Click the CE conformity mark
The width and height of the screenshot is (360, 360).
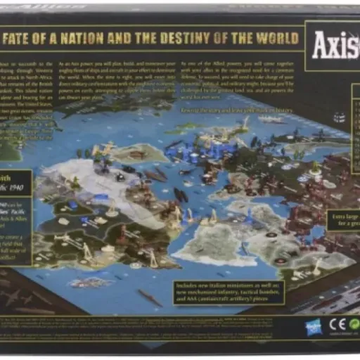[x=336, y=325]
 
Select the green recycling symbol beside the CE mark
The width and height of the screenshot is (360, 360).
[x=352, y=325]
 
